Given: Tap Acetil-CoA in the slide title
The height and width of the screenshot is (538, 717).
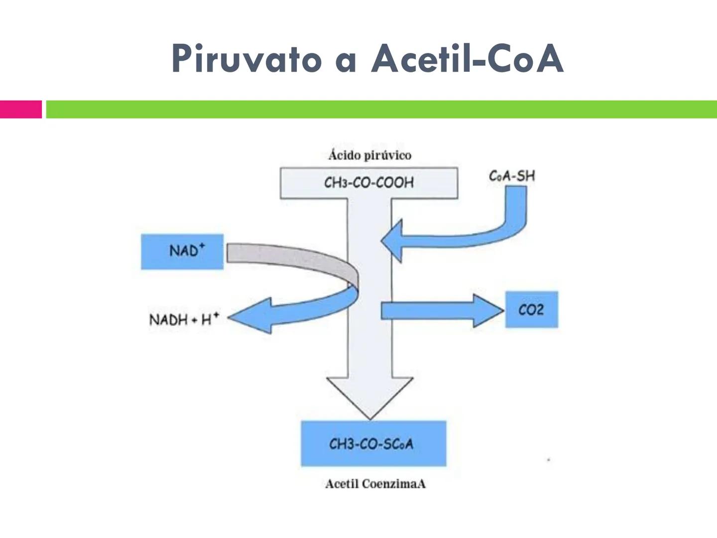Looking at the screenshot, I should [467, 59].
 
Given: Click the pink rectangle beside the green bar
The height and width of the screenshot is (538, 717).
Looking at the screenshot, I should [21, 109].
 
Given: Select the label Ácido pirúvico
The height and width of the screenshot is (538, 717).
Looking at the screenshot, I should [369, 155].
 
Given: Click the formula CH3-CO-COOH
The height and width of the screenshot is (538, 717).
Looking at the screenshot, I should [369, 183].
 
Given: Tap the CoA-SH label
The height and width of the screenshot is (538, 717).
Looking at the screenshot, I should [512, 176].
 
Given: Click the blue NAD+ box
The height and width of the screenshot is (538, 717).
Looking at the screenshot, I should [182, 251].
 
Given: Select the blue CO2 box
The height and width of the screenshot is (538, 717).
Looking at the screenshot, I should [531, 310].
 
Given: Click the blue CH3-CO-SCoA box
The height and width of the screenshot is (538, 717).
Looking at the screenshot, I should [373, 443].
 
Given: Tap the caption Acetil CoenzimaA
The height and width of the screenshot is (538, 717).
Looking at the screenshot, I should [375, 484].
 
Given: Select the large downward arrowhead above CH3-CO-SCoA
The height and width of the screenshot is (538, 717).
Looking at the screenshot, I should [370, 396].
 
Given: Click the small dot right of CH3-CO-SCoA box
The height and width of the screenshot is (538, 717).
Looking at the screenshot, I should [548, 460].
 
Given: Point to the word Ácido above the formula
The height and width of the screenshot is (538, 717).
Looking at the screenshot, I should [344, 155].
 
